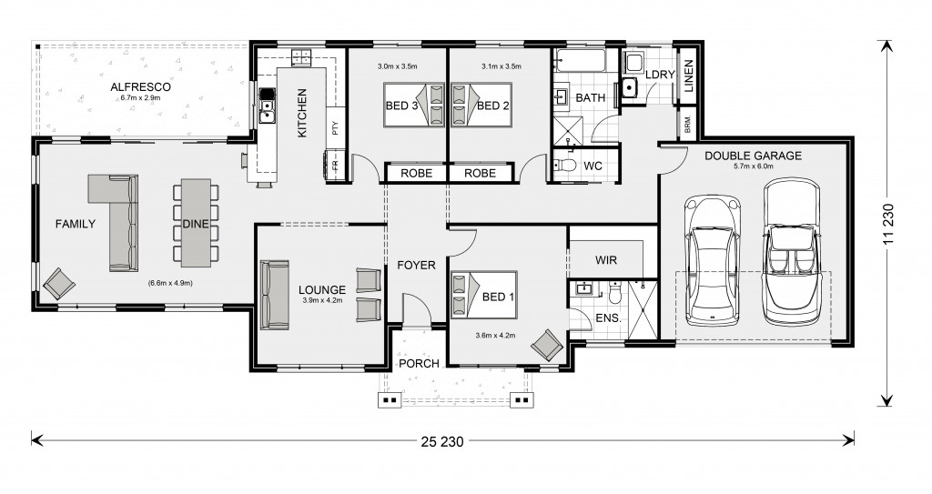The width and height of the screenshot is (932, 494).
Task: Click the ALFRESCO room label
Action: tap(140, 86)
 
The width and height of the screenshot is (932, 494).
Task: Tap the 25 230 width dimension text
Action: tap(441, 441)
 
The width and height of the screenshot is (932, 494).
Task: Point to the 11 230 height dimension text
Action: tap(888, 224)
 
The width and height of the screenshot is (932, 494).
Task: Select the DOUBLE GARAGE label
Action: tap(753, 156)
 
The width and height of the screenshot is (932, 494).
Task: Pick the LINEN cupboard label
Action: tap(688, 76)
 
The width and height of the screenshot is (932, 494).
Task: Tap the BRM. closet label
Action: tap(688, 125)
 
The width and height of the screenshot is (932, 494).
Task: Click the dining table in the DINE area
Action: tap(196, 222)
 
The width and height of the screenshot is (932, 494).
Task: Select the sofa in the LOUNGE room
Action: tap(275, 294)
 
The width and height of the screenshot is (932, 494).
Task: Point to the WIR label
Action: tap(605, 260)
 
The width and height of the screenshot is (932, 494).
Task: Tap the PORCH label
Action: tap(419, 363)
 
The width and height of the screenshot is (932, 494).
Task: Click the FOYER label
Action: tap(416, 265)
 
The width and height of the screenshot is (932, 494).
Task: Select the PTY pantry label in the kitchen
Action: tap(335, 127)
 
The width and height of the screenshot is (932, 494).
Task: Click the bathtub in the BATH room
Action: tap(580, 61)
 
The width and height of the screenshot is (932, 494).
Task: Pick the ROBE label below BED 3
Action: tap(416, 173)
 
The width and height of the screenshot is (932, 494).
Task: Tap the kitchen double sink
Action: tap(268, 112)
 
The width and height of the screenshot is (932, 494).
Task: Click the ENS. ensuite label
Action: tap(608, 318)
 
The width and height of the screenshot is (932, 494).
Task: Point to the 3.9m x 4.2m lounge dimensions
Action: tap(322, 300)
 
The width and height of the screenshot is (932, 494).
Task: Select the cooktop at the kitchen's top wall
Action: tap(301, 57)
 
